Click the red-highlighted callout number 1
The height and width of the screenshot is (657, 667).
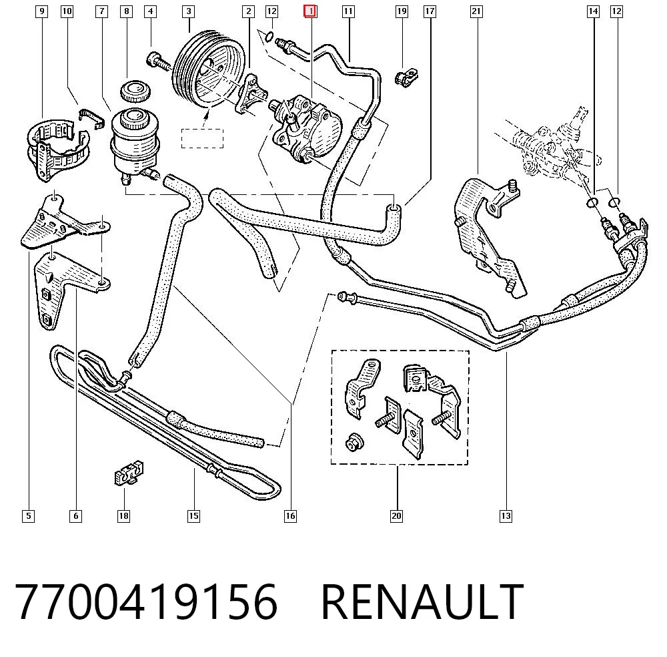point(310,11)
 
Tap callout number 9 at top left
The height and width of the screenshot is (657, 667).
point(41,11)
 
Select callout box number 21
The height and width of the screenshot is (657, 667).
point(476,11)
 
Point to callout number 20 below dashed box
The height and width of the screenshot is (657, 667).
point(396,516)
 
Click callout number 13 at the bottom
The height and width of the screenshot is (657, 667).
point(506,516)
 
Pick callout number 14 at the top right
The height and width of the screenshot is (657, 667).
point(593,11)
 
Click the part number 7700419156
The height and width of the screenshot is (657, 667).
point(146,601)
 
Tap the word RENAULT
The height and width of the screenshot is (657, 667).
point(422,601)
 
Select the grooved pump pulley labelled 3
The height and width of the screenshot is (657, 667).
point(207,69)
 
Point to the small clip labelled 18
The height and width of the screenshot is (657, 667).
point(129,472)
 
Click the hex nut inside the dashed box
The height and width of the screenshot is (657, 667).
point(355,443)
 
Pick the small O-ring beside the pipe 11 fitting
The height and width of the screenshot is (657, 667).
point(269,37)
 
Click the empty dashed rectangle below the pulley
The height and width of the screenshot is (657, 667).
point(203,138)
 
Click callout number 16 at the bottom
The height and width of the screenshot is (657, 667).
point(290,516)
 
